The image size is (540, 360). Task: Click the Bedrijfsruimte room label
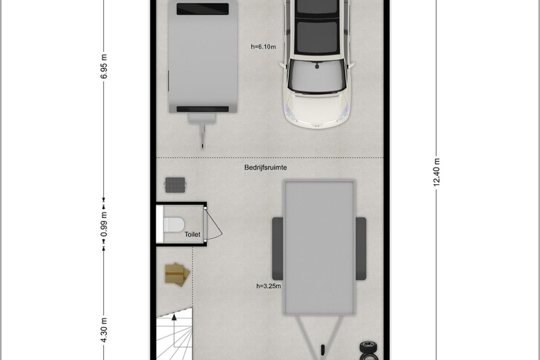[x=266, y=168]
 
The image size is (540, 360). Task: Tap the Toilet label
[x=192, y=234]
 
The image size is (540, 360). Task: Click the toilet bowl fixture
[x=174, y=224]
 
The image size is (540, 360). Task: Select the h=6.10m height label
[x=263, y=46]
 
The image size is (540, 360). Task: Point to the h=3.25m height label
[x=269, y=286]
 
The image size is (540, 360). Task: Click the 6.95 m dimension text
[x=104, y=66]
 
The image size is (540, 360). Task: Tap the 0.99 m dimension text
[x=104, y=224]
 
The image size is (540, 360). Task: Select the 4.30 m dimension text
[x=104, y=330]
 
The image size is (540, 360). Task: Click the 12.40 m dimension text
[x=436, y=172]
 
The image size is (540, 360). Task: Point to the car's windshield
[x=317, y=75]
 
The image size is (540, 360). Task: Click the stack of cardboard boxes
[x=177, y=275]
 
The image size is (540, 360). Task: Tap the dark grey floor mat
[x=175, y=185]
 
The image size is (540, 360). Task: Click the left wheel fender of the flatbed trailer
[x=278, y=249]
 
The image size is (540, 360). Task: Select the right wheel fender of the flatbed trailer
[x=361, y=249]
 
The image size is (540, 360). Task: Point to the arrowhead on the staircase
[x=174, y=316]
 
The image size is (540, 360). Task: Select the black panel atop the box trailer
[x=202, y=9]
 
